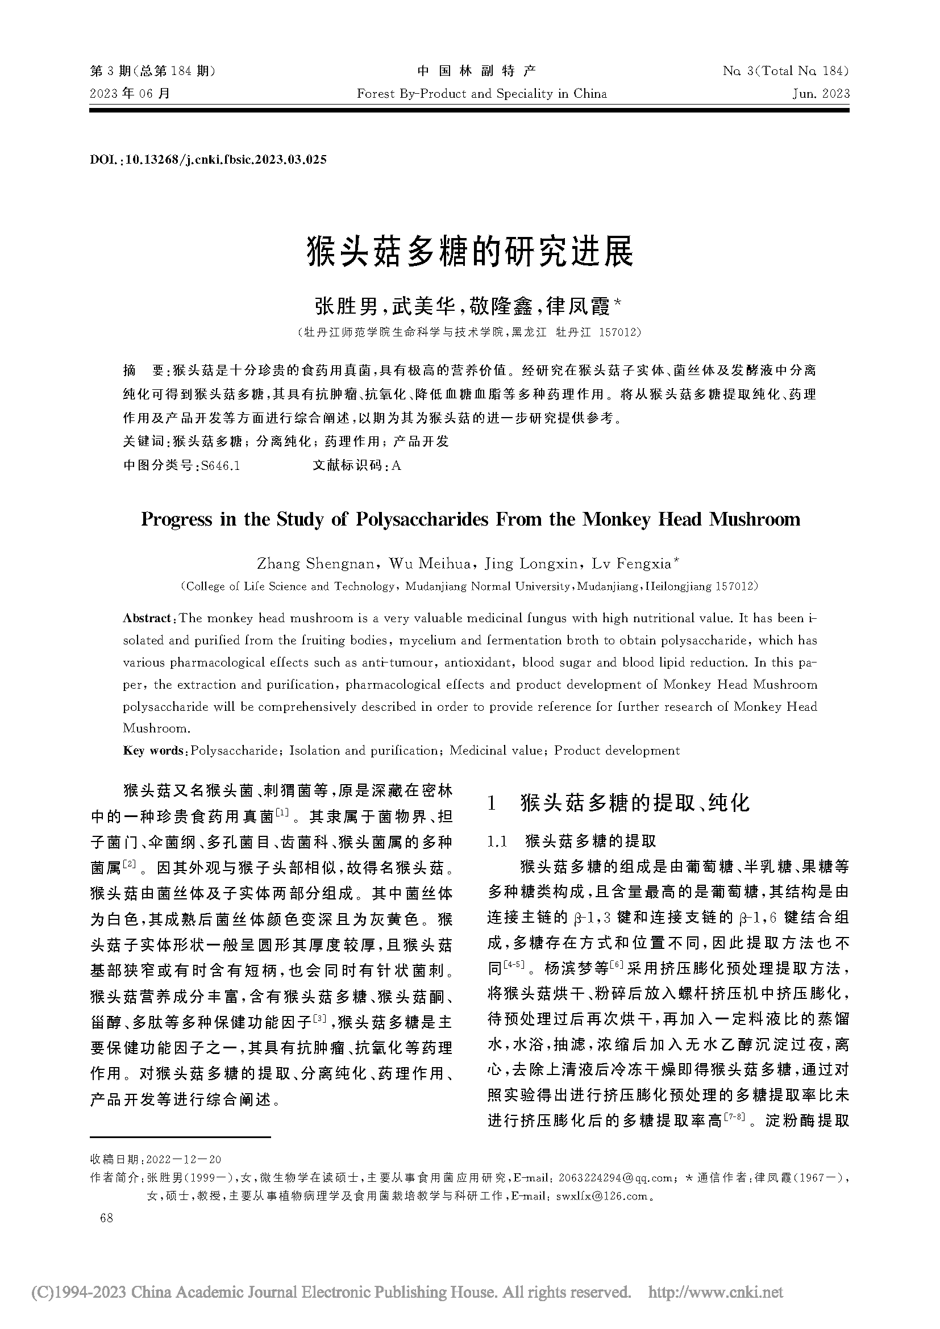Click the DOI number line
click(209, 160)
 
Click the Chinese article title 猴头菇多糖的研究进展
click(469, 251)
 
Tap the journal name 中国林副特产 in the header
click(476, 71)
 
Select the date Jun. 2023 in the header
click(821, 94)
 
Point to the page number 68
click(106, 1218)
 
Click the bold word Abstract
click(147, 618)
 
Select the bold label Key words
click(153, 751)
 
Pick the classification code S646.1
click(219, 465)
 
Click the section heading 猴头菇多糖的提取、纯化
click(634, 803)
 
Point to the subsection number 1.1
click(497, 841)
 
